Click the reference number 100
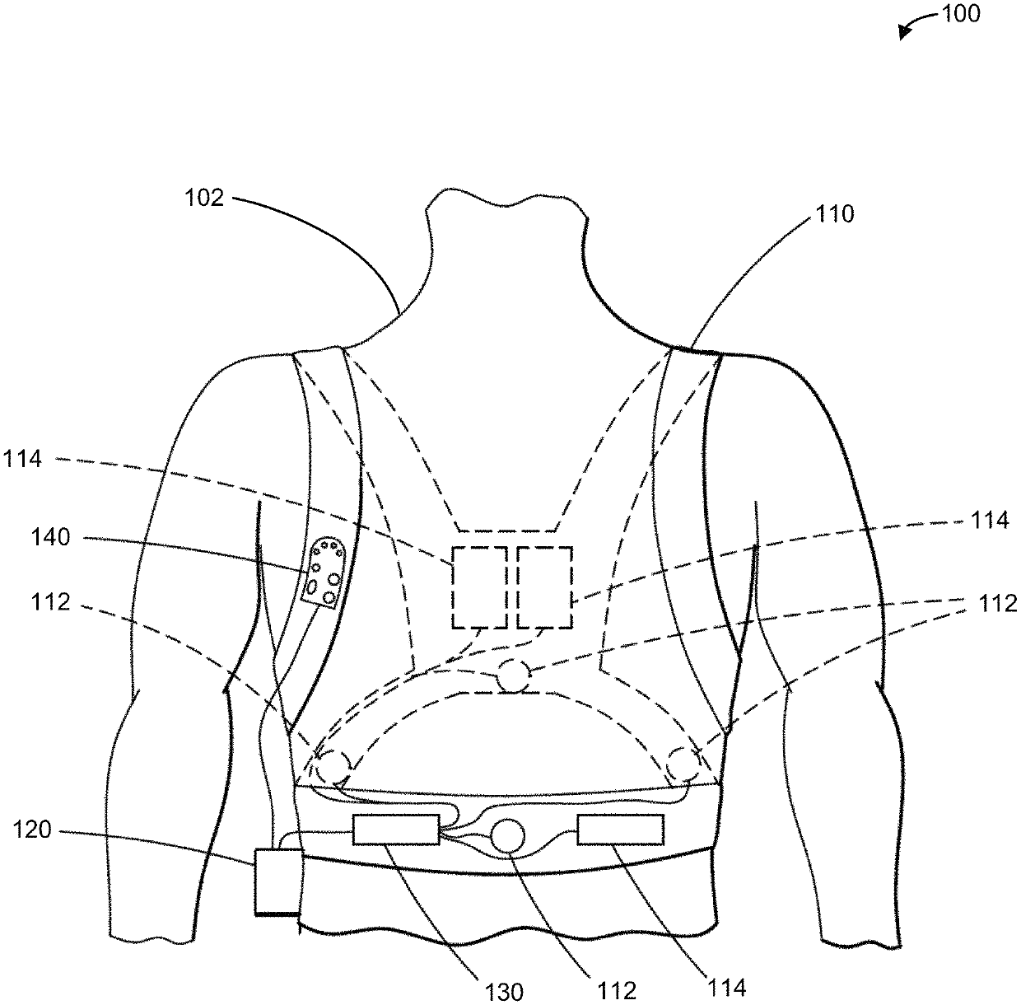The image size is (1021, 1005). click(962, 14)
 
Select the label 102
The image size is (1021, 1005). click(205, 199)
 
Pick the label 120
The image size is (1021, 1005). click(32, 830)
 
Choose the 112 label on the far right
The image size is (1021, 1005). click(999, 604)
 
